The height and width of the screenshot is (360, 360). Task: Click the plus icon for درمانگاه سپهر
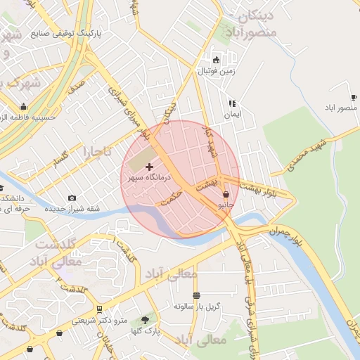148,167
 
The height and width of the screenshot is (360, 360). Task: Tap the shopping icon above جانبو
226,194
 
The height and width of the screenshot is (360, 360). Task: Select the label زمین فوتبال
216,71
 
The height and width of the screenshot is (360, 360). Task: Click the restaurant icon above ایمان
232,103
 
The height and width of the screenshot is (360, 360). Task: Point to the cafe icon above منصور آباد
353,97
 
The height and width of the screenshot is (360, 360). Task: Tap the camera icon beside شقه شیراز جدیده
72,199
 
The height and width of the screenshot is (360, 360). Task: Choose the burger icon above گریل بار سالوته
196,295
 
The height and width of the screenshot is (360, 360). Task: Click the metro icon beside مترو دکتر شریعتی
99,309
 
